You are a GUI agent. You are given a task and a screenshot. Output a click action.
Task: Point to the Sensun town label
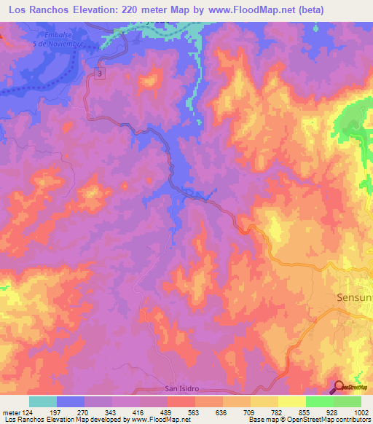coord(354,298)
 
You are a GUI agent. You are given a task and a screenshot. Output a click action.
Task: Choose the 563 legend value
coord(194,412)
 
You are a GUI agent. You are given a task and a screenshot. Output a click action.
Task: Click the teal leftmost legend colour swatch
coord(42,401)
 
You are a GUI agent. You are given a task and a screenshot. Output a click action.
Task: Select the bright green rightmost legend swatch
coord(348,401)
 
